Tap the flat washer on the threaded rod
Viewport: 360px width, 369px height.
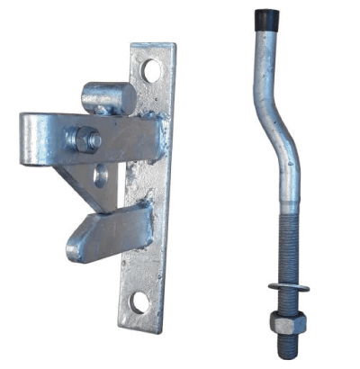(288, 288)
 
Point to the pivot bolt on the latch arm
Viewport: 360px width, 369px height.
(87, 139)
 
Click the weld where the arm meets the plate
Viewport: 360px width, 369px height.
(155, 135)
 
